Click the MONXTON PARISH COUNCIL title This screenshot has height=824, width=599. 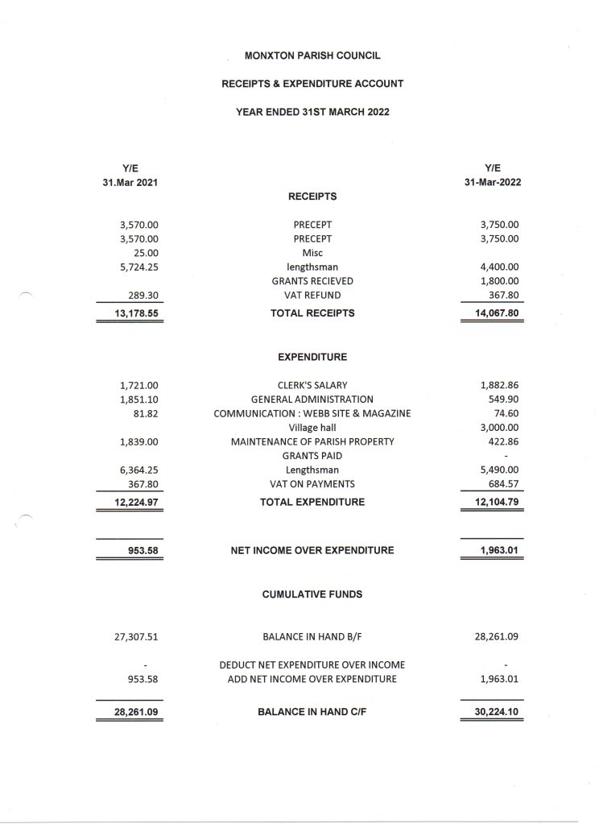(x=312, y=56)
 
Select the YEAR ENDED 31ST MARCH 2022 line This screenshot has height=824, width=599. (x=312, y=112)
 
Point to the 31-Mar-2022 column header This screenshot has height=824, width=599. (x=492, y=182)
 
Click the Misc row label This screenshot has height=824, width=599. (x=312, y=253)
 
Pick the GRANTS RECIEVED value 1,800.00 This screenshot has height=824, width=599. (x=499, y=281)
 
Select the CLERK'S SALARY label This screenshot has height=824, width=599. (x=312, y=385)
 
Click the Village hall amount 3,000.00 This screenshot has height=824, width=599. (x=499, y=428)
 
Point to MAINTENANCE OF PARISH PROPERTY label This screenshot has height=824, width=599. (x=312, y=441)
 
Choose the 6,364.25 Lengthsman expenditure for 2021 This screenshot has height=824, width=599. (x=138, y=470)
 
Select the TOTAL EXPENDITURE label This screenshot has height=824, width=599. (x=312, y=503)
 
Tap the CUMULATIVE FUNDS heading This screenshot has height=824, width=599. (x=312, y=594)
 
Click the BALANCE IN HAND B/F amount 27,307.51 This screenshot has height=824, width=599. (x=136, y=636)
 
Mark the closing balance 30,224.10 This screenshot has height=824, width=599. (x=493, y=713)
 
